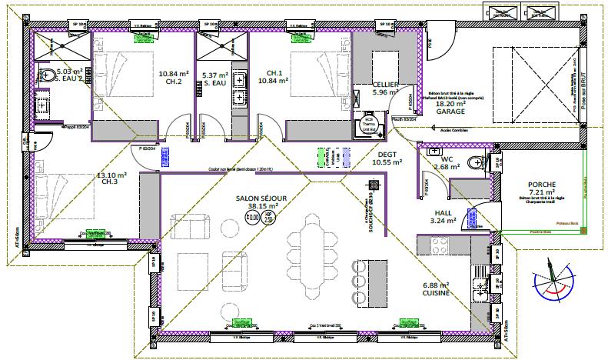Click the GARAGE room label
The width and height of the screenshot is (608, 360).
tap(451, 111)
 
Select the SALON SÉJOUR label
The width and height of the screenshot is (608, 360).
tap(261, 198)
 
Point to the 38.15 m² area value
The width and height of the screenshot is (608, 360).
tap(261, 206)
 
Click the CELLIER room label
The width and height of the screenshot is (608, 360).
tap(384, 84)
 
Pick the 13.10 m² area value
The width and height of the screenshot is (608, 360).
tap(111, 175)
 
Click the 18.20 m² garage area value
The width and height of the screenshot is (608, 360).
tap(451, 102)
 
